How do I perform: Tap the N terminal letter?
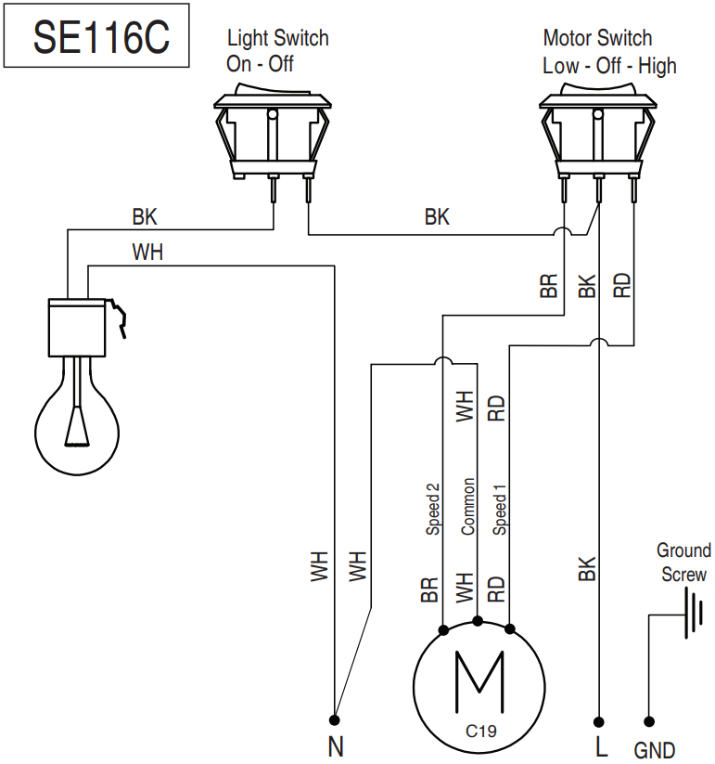335,745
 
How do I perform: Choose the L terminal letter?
600,745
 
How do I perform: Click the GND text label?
655,749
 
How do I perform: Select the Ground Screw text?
684,563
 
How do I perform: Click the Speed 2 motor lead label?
432,509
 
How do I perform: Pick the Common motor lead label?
467,507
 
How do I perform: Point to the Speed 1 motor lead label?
500,509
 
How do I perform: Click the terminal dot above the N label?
335,719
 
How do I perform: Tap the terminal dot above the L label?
600,719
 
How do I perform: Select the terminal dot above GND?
649,719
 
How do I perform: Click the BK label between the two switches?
437,217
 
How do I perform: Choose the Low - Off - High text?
609,66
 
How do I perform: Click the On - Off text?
260,66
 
